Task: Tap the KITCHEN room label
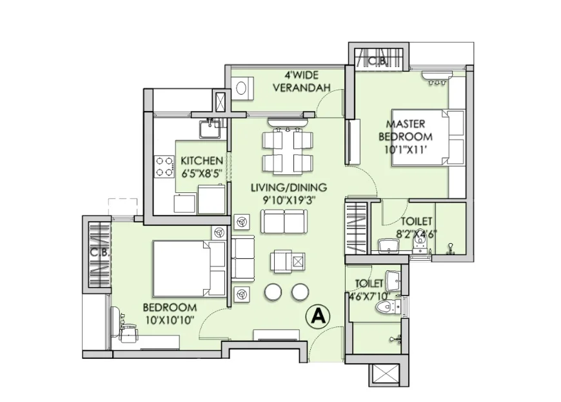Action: click(x=202, y=161)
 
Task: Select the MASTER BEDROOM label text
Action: click(x=406, y=130)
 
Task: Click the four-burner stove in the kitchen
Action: click(x=164, y=166)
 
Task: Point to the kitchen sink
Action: click(x=210, y=129)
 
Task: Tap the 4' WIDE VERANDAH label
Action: click(x=302, y=81)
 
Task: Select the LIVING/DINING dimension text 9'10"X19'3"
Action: click(x=290, y=201)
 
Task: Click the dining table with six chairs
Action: click(x=288, y=151)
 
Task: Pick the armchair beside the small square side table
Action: click(x=282, y=261)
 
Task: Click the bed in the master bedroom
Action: click(x=429, y=137)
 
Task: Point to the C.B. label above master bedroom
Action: click(x=377, y=61)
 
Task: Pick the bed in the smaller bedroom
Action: click(x=190, y=269)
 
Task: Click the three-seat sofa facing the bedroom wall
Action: click(x=243, y=257)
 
